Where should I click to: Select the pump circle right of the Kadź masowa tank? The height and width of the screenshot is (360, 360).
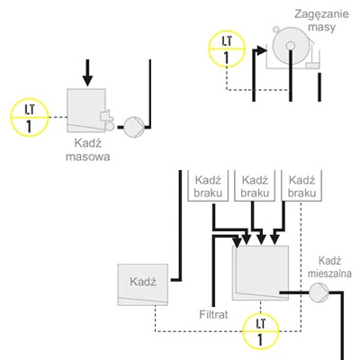(x=132, y=124)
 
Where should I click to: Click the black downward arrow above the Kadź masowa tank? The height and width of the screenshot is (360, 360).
(x=87, y=73)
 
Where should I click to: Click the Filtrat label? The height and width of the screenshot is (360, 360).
(x=216, y=316)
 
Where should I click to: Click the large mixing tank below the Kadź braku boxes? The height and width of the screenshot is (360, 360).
(x=260, y=274)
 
